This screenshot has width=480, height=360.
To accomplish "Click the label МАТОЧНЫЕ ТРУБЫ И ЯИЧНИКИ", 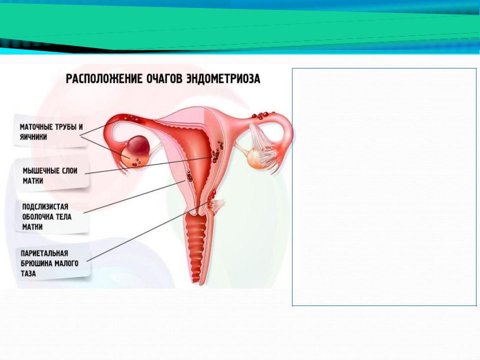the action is click(x=51, y=132).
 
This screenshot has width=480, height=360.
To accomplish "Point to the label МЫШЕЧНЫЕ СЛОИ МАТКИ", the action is click(x=50, y=175).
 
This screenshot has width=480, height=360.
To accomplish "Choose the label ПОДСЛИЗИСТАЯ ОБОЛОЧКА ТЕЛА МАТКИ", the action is click(x=47, y=216).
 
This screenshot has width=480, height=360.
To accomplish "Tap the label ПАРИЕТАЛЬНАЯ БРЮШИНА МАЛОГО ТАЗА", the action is click(x=49, y=263).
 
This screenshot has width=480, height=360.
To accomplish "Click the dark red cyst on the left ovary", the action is click(x=138, y=145).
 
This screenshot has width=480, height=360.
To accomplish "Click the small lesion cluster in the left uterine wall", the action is click(x=189, y=176).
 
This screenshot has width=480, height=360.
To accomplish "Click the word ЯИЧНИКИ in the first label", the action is click(x=33, y=137).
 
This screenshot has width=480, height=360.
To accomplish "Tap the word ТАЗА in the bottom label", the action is click(x=28, y=273).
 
